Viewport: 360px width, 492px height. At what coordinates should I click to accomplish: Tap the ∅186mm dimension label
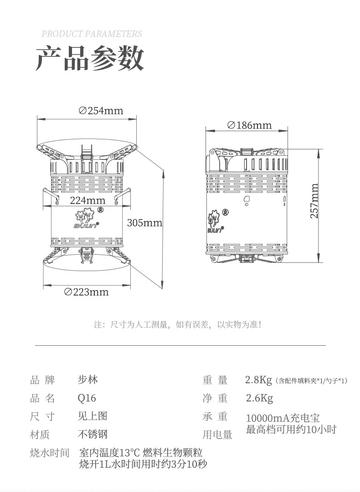pos(249,125)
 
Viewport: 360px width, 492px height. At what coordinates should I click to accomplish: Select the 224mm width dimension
pos(87,200)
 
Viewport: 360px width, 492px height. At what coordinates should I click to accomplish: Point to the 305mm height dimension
pos(144,223)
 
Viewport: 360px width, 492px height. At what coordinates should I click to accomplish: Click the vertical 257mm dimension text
pos(314,201)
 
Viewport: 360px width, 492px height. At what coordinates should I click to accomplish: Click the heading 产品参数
pos(90,58)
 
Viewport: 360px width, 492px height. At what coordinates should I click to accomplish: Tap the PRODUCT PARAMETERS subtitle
pos(92,34)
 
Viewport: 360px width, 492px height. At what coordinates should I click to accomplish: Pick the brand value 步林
pos(87,379)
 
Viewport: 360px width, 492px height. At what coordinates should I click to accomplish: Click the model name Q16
pos(87,398)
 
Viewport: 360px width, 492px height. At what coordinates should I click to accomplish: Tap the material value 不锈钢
pos(93,434)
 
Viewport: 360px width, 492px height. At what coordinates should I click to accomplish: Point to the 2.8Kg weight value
pos(258,379)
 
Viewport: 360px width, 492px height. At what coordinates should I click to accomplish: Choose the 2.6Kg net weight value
pos(259,399)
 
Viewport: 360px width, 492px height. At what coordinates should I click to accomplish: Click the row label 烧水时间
pos(49,453)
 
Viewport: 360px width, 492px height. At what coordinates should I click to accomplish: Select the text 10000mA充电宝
pos(283,418)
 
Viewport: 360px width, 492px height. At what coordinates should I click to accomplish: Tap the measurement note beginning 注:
pos(178,325)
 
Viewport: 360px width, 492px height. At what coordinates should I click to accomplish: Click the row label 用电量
pos(217,435)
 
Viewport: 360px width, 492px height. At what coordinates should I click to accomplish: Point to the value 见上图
pos(93,416)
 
